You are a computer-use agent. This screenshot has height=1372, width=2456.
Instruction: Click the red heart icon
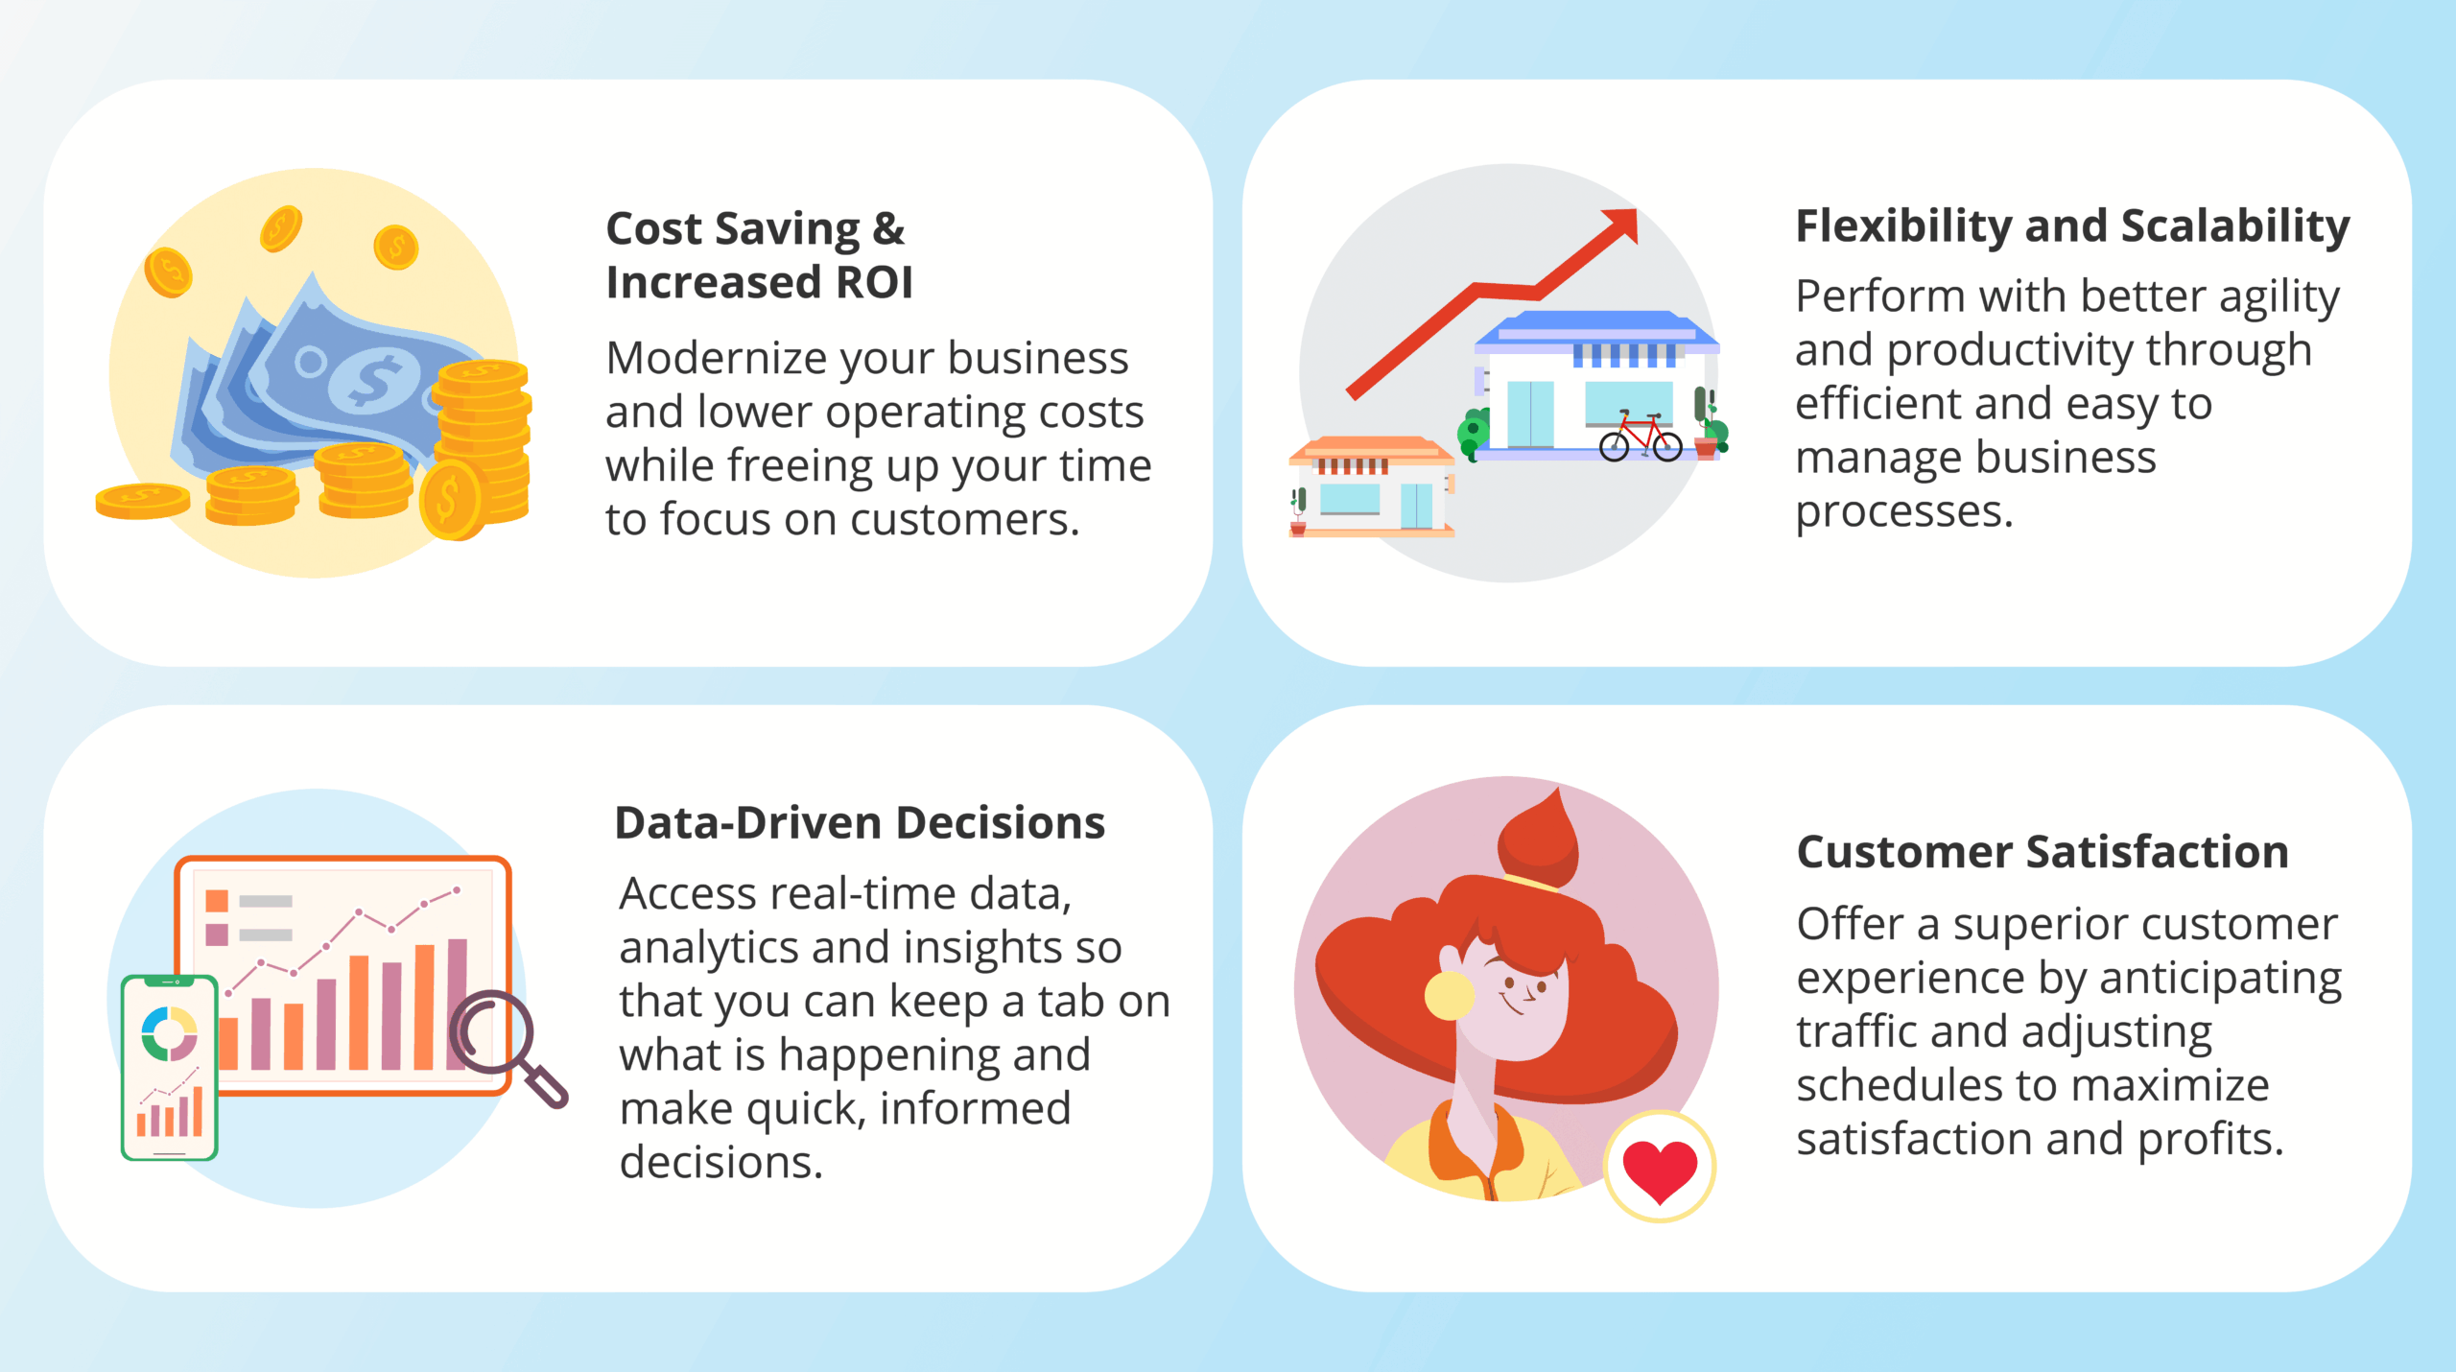[1659, 1170]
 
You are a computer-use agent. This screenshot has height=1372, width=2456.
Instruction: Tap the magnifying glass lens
[492, 1031]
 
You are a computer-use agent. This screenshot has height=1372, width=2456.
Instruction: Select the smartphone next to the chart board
[170, 1067]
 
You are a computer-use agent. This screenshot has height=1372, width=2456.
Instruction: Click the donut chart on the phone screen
[170, 1033]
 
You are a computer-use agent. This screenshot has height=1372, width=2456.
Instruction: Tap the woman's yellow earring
[1449, 995]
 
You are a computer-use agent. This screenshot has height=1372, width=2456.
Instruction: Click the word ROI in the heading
[874, 282]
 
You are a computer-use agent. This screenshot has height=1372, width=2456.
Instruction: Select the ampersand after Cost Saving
[888, 228]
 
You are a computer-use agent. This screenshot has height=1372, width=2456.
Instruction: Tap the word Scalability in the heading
[2235, 227]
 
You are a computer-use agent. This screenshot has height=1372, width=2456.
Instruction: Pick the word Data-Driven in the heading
[748, 822]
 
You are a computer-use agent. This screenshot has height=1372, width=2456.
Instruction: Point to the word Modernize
[717, 358]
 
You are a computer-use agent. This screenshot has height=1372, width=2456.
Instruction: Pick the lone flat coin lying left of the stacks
[143, 501]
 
